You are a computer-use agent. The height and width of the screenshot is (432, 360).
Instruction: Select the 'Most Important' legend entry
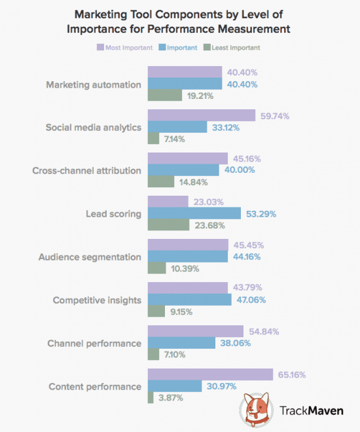coord(124,47)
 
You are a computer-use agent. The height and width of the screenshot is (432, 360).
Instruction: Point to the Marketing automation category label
coord(94,84)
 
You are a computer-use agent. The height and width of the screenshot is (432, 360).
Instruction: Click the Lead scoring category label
coord(112,213)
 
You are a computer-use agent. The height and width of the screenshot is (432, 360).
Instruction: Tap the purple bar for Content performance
coord(210,374)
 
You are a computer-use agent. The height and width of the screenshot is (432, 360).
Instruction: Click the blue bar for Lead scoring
coord(194,213)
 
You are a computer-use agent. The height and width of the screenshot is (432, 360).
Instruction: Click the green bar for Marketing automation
coord(164,96)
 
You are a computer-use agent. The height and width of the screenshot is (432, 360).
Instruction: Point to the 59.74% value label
coord(276,116)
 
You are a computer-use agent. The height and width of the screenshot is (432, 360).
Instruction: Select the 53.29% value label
coord(260,213)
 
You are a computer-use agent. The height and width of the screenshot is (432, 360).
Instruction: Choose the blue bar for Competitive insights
coord(189,299)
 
